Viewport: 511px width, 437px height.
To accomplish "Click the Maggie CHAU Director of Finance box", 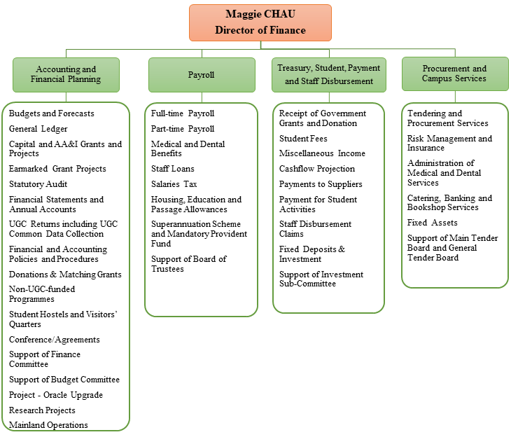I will (x=260, y=22).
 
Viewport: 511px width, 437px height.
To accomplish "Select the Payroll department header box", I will (x=201, y=75).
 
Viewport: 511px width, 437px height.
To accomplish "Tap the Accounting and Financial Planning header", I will (x=66, y=75).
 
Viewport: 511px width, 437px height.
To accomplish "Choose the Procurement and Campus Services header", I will (x=454, y=74).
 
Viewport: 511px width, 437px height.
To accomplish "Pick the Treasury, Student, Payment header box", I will (x=328, y=75).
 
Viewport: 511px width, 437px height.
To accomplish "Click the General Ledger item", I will (x=38, y=129).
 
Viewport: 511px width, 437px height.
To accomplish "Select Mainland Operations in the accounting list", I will (x=48, y=425).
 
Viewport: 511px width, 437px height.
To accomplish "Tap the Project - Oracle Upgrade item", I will (x=56, y=395).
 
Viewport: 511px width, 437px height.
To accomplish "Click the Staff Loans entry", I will (x=173, y=169).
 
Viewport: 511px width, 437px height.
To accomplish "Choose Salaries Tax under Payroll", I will (x=174, y=184).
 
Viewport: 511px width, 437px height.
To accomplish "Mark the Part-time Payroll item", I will (x=183, y=129).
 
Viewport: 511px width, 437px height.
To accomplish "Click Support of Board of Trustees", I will (x=189, y=264).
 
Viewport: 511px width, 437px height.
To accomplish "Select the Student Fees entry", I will (x=303, y=139).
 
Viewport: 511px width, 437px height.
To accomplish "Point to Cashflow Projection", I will (x=317, y=169).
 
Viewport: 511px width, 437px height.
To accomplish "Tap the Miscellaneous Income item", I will (x=322, y=153).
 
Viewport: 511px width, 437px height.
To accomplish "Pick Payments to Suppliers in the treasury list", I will (x=321, y=184).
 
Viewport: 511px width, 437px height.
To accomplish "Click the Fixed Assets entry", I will (x=433, y=223).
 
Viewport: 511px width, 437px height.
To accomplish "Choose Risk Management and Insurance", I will (x=449, y=144).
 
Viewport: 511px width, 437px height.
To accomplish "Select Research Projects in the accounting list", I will (x=42, y=410).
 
